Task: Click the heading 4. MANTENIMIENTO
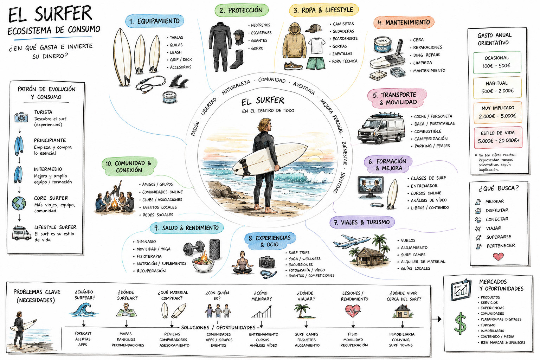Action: pyautogui.click(x=404, y=22)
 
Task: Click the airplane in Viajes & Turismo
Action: pyautogui.click(x=352, y=242)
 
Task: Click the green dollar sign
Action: pyautogui.click(x=460, y=323)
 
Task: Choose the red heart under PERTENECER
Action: pyautogui.click(x=498, y=256)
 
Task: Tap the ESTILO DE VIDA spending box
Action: pyautogui.click(x=498, y=137)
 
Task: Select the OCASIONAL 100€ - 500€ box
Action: pyautogui.click(x=497, y=62)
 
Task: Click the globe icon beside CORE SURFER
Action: pyautogui.click(x=19, y=203)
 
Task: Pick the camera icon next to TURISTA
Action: pyautogui.click(x=21, y=117)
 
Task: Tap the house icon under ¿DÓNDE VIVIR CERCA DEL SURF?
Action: pyautogui.click(x=402, y=311)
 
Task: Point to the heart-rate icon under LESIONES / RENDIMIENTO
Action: pyautogui.click(x=353, y=311)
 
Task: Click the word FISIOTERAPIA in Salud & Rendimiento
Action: pyautogui.click(x=149, y=256)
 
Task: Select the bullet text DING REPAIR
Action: pyautogui.click(x=426, y=55)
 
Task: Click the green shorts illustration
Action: pyautogui.click(x=316, y=63)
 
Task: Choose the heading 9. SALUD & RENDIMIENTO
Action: pyautogui.click(x=187, y=228)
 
